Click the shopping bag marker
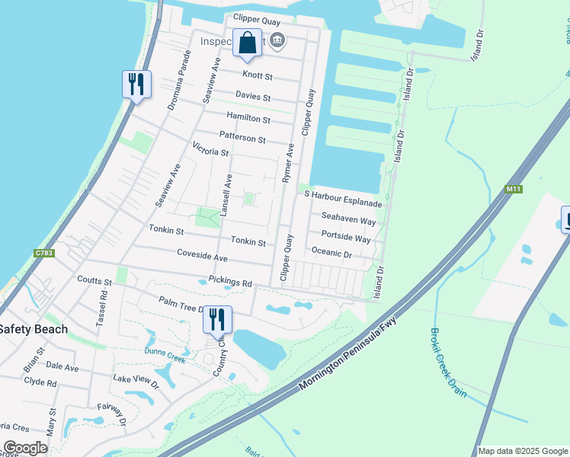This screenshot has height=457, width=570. [x=247, y=44]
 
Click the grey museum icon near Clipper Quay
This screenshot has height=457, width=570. [x=279, y=40]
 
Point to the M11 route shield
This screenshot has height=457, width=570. [x=512, y=188]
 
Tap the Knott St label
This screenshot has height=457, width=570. [x=258, y=75]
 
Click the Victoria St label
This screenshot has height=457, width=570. [x=211, y=149]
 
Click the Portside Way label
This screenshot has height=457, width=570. [x=346, y=238]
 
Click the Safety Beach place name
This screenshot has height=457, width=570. [x=34, y=329]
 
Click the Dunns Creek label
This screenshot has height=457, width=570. [x=165, y=351]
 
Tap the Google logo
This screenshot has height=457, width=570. [x=25, y=448]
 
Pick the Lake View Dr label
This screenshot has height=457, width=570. [x=136, y=380]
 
